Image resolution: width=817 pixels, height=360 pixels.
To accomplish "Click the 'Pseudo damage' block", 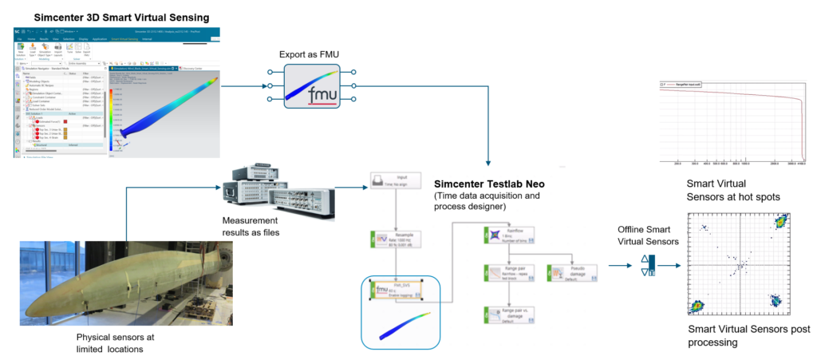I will (x=568, y=273).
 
